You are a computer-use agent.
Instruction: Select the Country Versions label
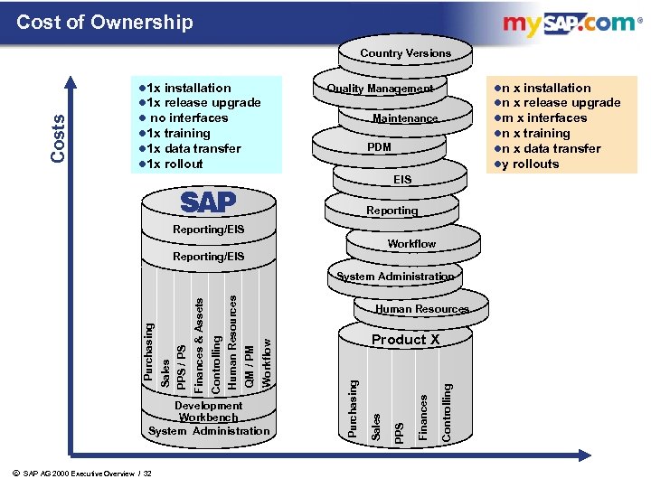pos(405,53)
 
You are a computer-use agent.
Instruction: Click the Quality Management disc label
pos(380,89)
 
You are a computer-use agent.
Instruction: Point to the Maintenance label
pos(405,118)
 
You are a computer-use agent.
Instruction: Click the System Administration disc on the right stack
pos(395,277)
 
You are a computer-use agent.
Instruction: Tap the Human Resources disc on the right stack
pos(422,309)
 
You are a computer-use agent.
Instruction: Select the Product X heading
pos(405,340)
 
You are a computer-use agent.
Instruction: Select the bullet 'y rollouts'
pos(530,164)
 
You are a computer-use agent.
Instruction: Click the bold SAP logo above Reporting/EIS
pos(208,201)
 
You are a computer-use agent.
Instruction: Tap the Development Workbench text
pos(208,411)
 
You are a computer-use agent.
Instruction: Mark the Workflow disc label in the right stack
pos(411,244)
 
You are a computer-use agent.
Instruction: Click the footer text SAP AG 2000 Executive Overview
pos(87,474)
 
